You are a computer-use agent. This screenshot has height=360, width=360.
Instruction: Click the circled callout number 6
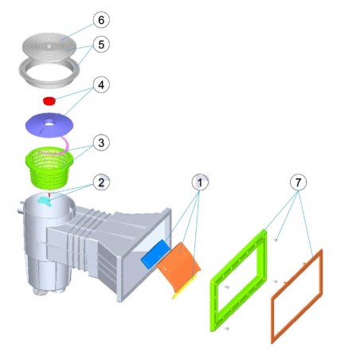(x=101, y=20)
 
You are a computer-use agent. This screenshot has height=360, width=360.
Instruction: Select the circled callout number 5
(x=101, y=45)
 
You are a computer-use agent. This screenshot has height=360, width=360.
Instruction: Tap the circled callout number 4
(x=101, y=85)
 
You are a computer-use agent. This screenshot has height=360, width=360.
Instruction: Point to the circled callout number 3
(x=101, y=143)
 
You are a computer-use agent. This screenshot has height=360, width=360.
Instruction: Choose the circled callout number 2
(x=101, y=182)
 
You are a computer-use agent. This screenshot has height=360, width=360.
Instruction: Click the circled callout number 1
(x=200, y=182)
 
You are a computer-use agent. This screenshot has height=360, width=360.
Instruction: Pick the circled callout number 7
(x=298, y=182)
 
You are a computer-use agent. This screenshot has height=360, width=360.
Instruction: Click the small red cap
(x=49, y=101)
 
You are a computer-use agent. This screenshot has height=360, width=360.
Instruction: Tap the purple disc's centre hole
(x=49, y=123)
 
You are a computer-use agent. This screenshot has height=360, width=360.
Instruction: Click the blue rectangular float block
(x=155, y=253)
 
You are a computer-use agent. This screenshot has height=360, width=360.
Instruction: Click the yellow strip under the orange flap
(x=185, y=287)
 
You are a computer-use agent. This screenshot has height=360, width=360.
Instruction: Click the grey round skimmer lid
(x=49, y=47)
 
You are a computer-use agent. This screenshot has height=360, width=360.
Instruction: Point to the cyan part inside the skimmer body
(x=45, y=202)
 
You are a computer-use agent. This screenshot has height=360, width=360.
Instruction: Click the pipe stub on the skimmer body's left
(x=21, y=207)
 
